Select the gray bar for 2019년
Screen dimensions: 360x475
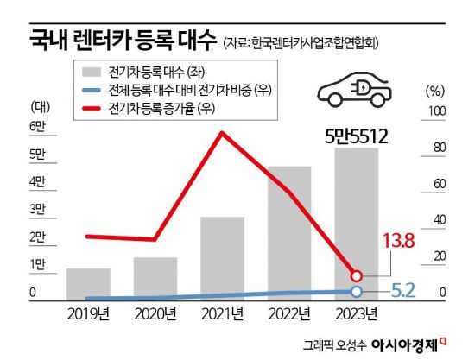click(89, 283)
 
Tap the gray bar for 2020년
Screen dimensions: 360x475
click(155, 277)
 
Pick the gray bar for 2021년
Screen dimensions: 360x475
click(223, 257)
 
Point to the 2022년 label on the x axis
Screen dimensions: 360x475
click(289, 313)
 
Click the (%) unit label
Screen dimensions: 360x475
click(435, 89)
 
